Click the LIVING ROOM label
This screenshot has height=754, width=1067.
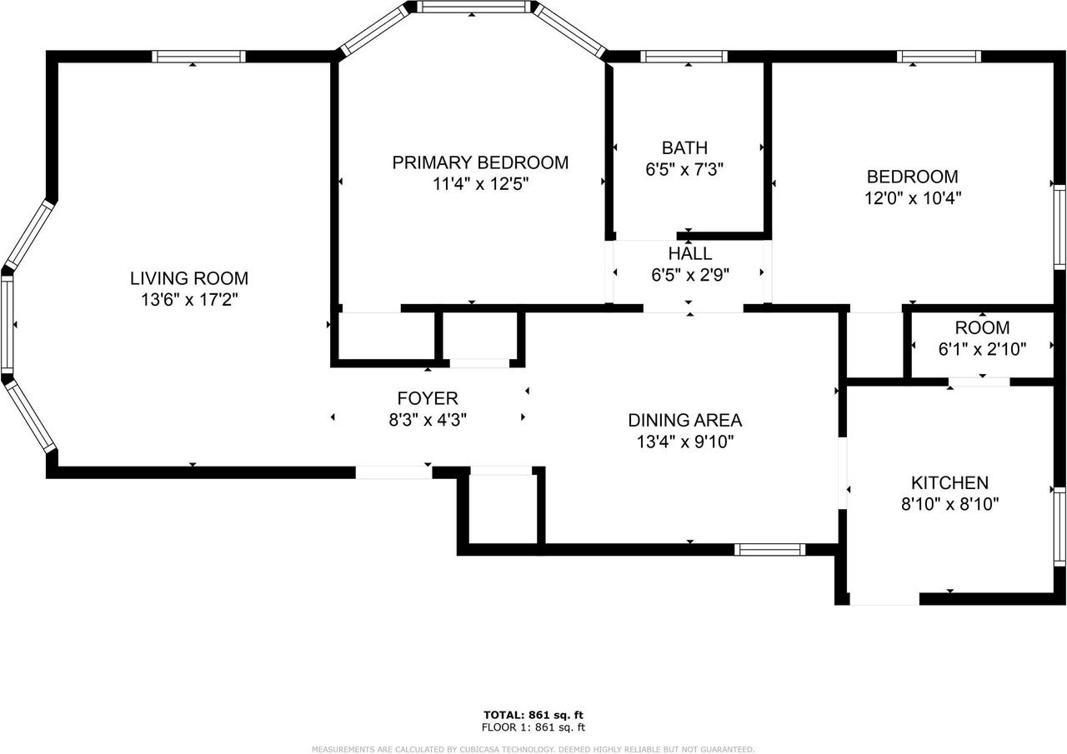pyautogui.click(x=188, y=278)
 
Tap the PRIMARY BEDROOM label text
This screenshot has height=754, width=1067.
pyautogui.click(x=480, y=162)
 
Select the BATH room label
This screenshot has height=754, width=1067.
pyautogui.click(x=684, y=148)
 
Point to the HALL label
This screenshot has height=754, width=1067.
pyautogui.click(x=689, y=253)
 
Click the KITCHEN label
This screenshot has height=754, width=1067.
pyautogui.click(x=949, y=482)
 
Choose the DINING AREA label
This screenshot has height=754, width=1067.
pyautogui.click(x=684, y=421)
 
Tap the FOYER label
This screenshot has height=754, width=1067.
pyautogui.click(x=427, y=399)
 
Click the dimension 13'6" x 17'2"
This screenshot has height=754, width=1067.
pyautogui.click(x=188, y=300)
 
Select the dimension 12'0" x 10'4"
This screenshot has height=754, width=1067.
pyautogui.click(x=912, y=198)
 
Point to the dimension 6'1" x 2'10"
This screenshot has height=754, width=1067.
pyautogui.click(x=982, y=349)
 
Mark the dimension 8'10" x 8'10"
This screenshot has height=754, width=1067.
pyautogui.click(x=949, y=504)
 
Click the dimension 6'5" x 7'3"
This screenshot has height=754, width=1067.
pyautogui.click(x=684, y=170)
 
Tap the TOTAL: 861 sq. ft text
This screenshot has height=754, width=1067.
pyautogui.click(x=533, y=715)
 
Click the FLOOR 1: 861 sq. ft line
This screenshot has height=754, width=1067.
pyautogui.click(x=533, y=727)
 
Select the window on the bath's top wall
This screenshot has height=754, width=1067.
pyautogui.click(x=684, y=57)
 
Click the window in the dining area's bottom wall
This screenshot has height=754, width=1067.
pyautogui.click(x=769, y=549)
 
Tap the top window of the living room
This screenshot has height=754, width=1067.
pyautogui.click(x=198, y=57)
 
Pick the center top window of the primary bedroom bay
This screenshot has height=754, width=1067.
pyautogui.click(x=473, y=7)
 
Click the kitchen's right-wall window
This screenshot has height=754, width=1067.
pyautogui.click(x=1059, y=527)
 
